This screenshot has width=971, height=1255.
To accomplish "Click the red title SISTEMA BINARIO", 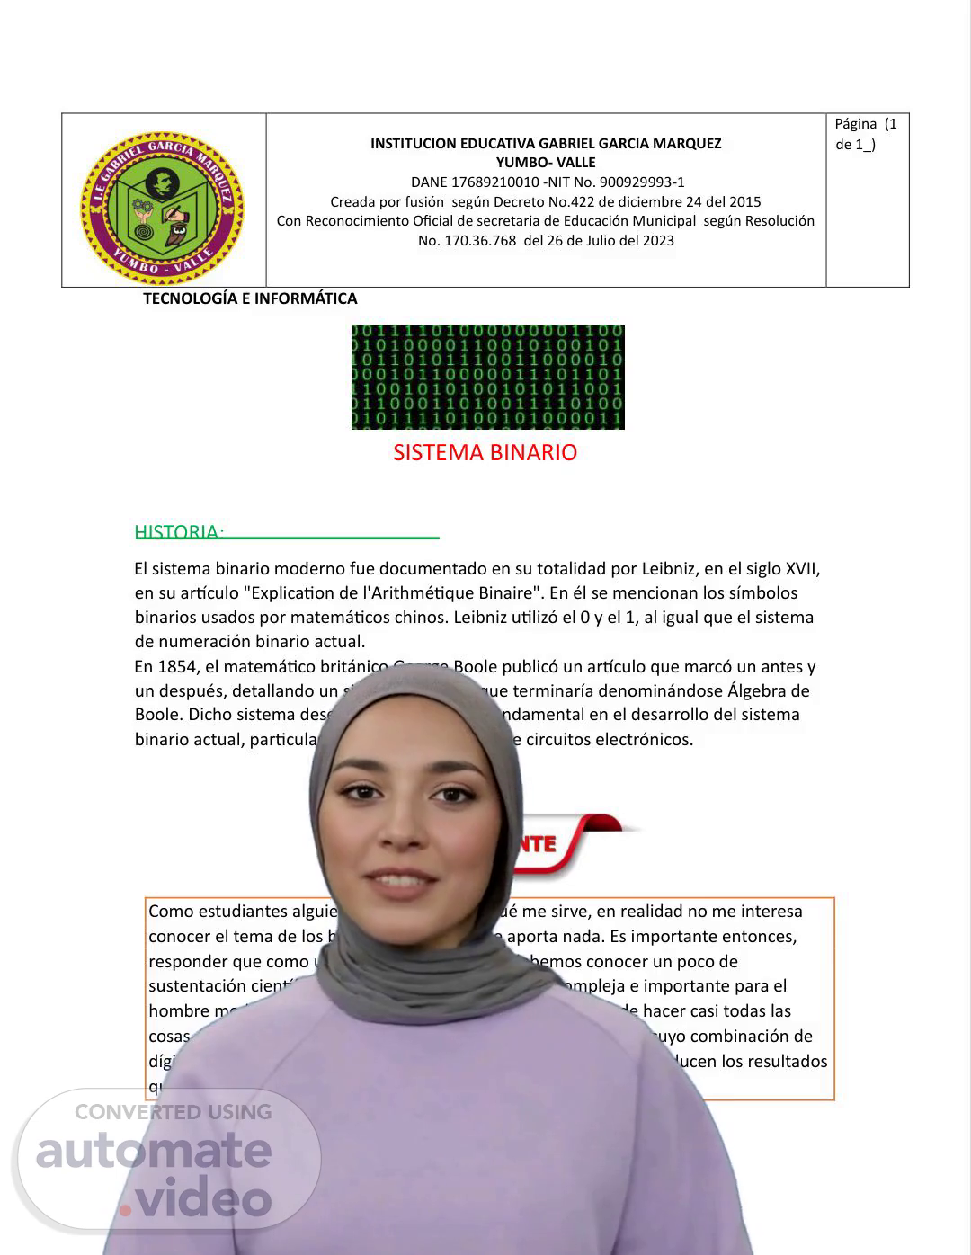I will point(485,452).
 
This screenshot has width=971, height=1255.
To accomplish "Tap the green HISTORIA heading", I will point(178,531).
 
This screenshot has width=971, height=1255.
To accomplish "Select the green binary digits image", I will point(487,378).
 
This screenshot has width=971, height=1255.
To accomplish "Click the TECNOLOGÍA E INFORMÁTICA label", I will point(250,298).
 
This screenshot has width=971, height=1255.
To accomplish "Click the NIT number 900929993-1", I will point(642,182).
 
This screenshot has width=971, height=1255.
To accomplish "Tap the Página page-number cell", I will point(867,134).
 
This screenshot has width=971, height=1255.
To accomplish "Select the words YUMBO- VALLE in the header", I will point(546,163).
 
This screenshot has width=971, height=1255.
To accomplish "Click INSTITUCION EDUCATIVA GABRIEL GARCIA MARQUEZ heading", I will point(546,144).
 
